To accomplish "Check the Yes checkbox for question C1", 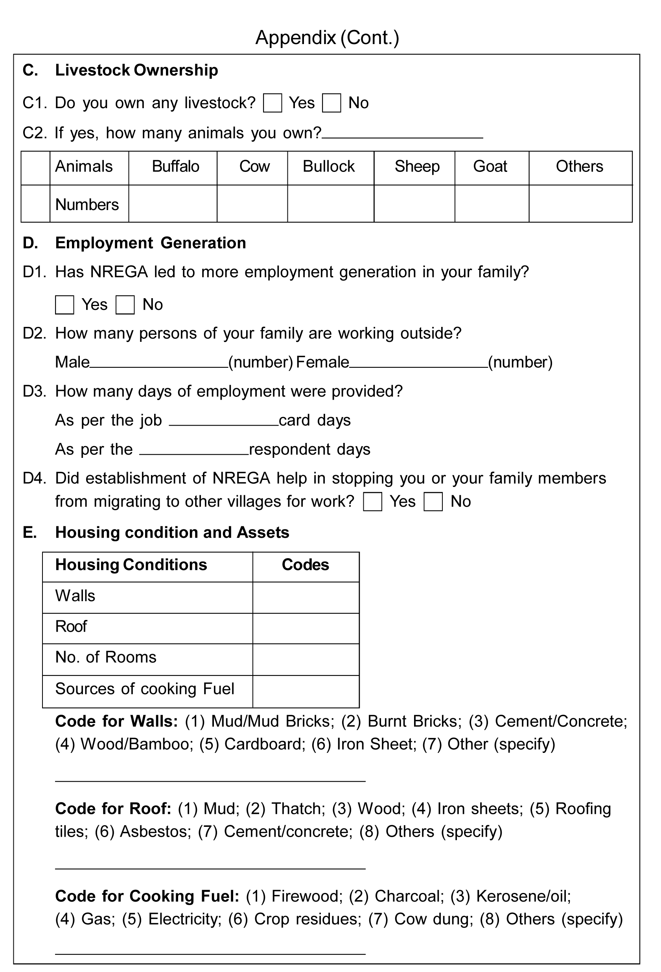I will (x=272, y=103).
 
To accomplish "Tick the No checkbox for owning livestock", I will (x=331, y=103).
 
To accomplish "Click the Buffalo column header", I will (x=175, y=166).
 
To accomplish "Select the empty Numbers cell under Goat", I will (x=491, y=204).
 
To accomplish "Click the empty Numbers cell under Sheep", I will (x=414, y=204).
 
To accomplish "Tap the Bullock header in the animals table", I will (x=329, y=166).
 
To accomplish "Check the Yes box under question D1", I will (x=64, y=305).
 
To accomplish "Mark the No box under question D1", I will (x=125, y=305).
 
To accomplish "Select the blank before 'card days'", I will (x=224, y=421).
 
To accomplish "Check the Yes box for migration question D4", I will (x=372, y=502).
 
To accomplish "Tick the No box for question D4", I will (x=433, y=502).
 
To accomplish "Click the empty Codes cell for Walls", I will (x=306, y=597).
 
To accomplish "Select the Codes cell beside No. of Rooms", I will (x=306, y=660).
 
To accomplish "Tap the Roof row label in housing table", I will (x=71, y=627).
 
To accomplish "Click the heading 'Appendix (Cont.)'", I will (x=328, y=38).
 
